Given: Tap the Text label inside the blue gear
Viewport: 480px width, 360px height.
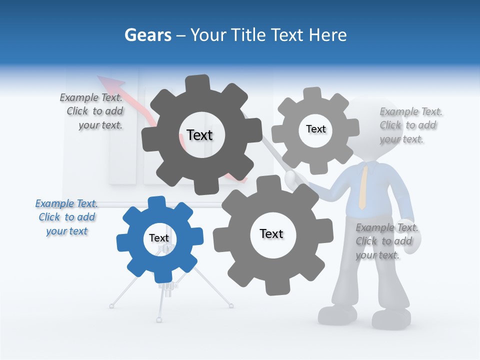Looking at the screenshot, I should click(x=159, y=238).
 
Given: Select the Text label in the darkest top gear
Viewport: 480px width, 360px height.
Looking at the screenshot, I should click(x=199, y=135).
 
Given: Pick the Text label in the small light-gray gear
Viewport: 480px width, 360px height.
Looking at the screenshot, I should click(x=315, y=129).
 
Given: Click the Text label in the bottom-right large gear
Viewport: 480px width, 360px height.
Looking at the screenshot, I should click(x=271, y=233).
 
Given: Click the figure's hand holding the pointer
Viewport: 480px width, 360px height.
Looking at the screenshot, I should click(x=291, y=177).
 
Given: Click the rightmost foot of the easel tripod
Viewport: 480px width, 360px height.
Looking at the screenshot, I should click(x=231, y=305).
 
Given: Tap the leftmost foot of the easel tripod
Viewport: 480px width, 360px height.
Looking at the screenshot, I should click(x=111, y=305).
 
